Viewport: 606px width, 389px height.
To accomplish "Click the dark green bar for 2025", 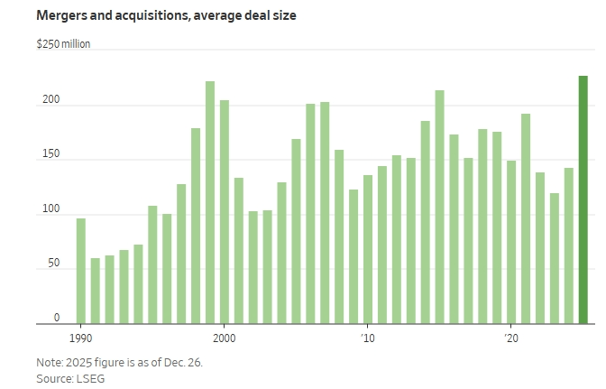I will pos(583,199).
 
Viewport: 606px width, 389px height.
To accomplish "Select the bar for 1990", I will pos(81,271).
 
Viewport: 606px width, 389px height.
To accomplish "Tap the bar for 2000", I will pos(225,211).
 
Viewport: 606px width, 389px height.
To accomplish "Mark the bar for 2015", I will pos(439,207).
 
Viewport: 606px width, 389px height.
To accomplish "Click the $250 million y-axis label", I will pos(63,43).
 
